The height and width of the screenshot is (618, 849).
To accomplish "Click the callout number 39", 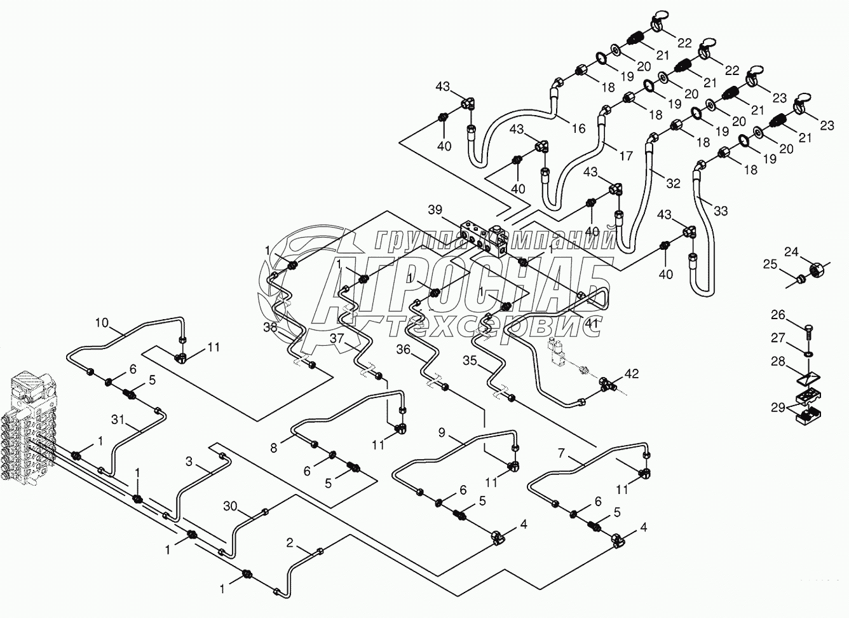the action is coord(435,210).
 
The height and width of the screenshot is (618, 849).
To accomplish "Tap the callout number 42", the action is coord(631,374).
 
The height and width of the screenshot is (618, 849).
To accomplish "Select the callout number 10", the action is coord(102,323).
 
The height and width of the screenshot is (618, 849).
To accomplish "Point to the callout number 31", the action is coord(118,420).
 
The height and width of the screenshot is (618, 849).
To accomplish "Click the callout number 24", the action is coord(791,252).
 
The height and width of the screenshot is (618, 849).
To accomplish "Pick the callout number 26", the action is coord(778,315).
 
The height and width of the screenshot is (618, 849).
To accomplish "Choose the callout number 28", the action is coord(778,361).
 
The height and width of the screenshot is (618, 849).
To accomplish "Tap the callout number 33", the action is coord(721,211).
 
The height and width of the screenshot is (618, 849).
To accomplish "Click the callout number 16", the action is coord(578,128).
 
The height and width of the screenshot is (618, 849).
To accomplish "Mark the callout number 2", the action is coord(290,544).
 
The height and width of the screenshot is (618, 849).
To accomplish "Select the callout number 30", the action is coord(231,506).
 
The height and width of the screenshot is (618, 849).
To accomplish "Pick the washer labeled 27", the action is coord(808,354).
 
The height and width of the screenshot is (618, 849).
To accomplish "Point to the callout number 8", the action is coord(274,448).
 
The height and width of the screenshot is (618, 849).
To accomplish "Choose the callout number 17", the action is coord(626,156).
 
